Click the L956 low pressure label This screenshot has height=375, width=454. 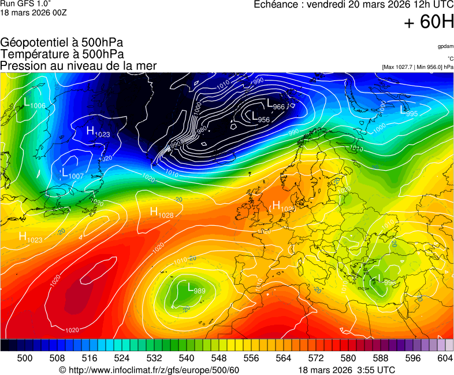pos(261,117)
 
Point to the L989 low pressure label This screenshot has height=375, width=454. pos(196,288)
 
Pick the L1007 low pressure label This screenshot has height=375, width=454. pos(73,174)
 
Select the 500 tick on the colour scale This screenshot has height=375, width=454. pos(25,358)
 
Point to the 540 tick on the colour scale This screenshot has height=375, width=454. pos(187,358)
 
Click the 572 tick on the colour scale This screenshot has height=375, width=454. pos(316,358)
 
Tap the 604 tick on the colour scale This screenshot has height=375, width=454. pos(445,358)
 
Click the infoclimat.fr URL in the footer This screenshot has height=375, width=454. pos(149,370)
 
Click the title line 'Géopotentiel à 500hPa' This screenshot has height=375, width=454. pos(62,43)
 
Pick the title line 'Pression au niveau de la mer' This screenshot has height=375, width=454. pos(79,65)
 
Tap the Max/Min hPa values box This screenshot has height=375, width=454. pos(418,67)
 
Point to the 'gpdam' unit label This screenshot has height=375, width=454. pos(445,46)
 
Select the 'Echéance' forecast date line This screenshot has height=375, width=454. pos(353,5)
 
